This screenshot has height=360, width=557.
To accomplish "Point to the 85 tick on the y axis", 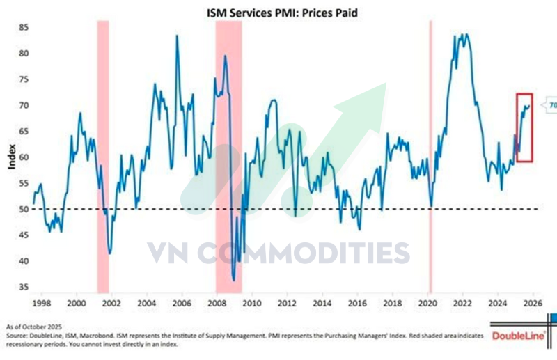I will coord(23,27).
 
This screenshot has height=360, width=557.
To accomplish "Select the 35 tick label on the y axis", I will coord(23,286).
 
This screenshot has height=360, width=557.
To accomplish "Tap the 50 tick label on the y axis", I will coord(23,209).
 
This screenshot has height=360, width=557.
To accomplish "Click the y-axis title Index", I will coord(10,161).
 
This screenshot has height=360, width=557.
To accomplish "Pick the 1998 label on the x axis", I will coord(40,304).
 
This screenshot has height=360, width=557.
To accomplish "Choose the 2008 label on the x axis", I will coord(217,304).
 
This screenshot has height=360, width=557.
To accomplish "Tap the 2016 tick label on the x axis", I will coord(357,304).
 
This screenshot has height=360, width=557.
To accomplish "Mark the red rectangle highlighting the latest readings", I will coord(524,127).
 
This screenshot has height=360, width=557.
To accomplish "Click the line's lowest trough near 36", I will coord(234,280).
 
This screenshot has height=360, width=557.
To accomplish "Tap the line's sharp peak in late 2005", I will coord(176,36).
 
